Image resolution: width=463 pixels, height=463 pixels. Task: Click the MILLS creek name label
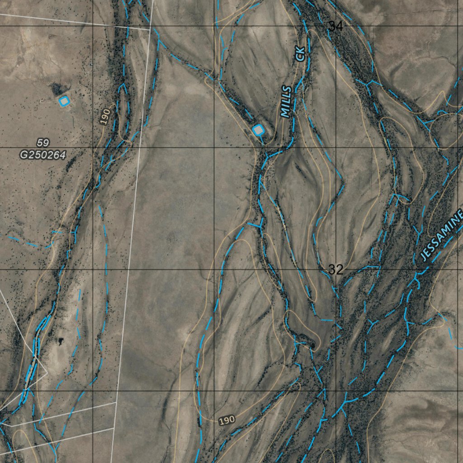[286, 102]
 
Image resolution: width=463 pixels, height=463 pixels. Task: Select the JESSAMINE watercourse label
[441, 235]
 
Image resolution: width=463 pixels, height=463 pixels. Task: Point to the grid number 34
[335, 27]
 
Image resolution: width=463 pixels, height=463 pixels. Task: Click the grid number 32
[335, 270]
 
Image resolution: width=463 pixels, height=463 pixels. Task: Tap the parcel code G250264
[43, 155]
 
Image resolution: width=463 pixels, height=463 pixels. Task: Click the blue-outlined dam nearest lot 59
[64, 101]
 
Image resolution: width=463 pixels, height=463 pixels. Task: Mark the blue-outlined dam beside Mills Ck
[258, 130]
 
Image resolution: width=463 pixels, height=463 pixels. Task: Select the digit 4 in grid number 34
[339, 27]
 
